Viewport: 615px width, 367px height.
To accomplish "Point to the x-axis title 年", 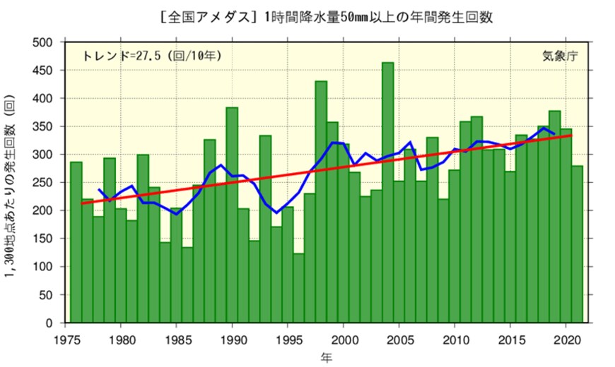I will point(325,358).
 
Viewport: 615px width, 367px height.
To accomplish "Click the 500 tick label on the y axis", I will point(44,42).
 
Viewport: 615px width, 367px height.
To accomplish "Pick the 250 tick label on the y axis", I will point(44,183).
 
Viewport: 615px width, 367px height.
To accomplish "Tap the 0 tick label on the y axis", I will point(50,323).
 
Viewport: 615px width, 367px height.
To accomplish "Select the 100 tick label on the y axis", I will point(44,267).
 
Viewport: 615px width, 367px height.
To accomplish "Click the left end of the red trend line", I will point(83,203).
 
